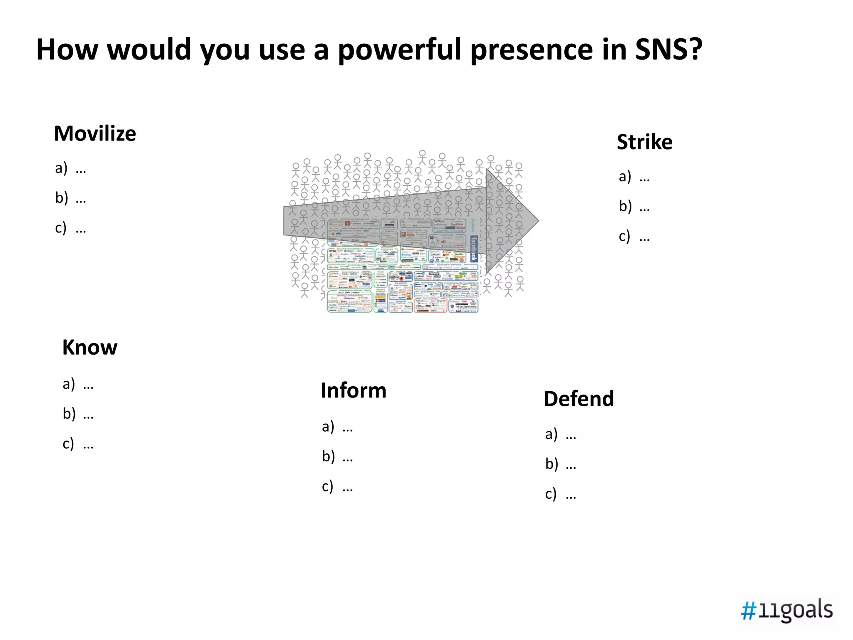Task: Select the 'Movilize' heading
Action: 95,134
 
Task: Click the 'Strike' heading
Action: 644,142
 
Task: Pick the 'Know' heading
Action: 90,347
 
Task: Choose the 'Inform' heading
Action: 353,390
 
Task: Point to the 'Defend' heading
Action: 579,399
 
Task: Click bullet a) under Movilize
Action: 70,168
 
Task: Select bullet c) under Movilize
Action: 70,228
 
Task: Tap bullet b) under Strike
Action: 634,206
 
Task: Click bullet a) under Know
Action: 78,384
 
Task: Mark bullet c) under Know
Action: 78,444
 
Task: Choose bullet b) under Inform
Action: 337,457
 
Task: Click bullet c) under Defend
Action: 561,494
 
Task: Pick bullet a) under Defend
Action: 561,435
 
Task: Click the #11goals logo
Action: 786,610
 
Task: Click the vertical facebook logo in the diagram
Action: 474,249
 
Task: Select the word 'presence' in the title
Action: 531,50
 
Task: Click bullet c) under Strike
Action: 634,237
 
